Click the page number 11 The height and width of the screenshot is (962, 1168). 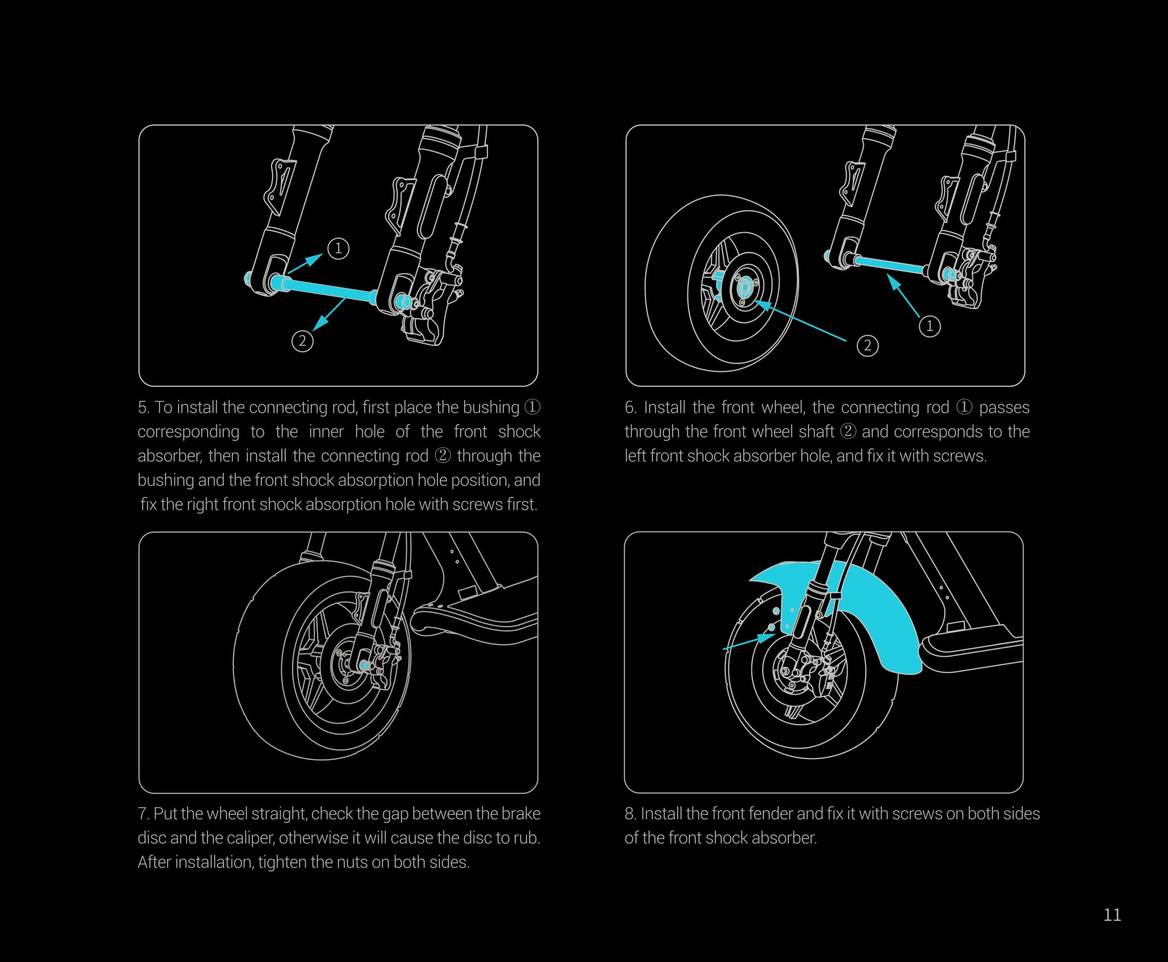1112,915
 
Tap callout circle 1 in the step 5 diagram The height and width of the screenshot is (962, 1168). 338,248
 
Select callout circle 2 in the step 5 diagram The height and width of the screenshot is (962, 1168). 302,340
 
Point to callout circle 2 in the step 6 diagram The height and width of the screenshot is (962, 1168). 867,346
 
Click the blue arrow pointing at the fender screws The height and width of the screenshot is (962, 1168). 748,643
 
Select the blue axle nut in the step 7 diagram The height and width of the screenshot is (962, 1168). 364,665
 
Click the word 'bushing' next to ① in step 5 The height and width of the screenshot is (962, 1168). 491,407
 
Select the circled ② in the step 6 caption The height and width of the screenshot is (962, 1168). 848,432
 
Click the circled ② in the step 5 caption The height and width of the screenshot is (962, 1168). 443,456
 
